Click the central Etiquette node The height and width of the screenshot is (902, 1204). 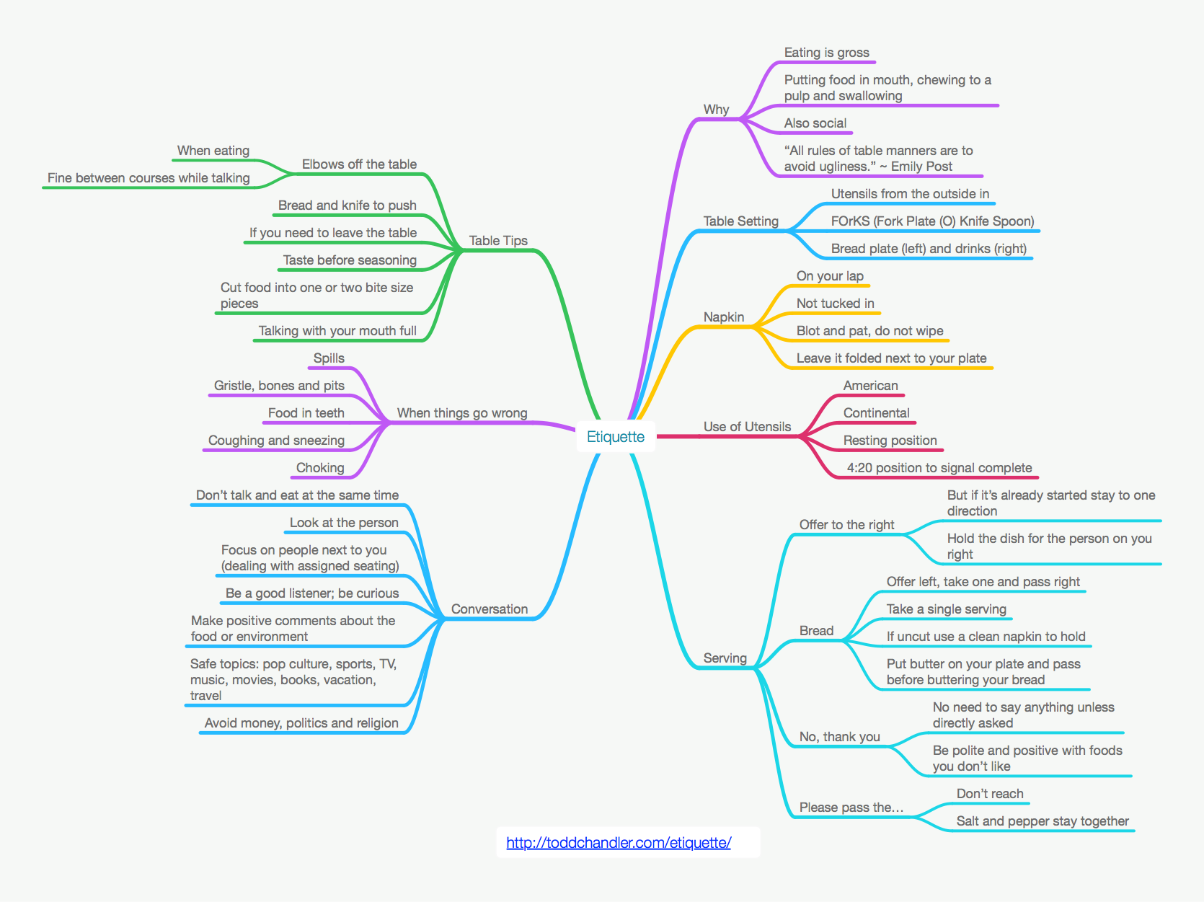coord(616,437)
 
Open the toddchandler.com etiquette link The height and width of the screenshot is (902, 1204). coord(619,842)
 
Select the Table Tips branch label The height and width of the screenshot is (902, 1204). coord(498,241)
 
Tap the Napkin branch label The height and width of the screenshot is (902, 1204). coord(724,317)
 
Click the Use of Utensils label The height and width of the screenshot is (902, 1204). coord(747,427)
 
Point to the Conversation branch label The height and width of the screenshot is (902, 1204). coord(490,609)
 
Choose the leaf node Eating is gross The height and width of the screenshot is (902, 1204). coord(826,53)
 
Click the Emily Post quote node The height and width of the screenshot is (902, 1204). coord(878,159)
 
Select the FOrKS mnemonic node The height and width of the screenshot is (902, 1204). coord(932,221)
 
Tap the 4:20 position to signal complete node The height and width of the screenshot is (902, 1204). coord(939,468)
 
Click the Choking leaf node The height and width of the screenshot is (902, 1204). coord(320,468)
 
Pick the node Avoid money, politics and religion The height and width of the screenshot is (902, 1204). coord(301,723)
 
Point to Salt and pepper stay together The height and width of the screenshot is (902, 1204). coord(1043,821)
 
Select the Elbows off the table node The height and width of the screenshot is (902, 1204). coord(359,164)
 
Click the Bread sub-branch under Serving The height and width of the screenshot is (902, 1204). coord(816,631)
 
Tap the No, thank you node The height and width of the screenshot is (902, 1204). coord(839,737)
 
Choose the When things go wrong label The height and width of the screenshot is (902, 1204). coord(462,413)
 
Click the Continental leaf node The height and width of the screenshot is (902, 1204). coord(876,413)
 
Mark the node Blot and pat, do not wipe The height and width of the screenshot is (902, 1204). coord(869,331)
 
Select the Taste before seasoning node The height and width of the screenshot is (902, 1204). coord(350,260)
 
